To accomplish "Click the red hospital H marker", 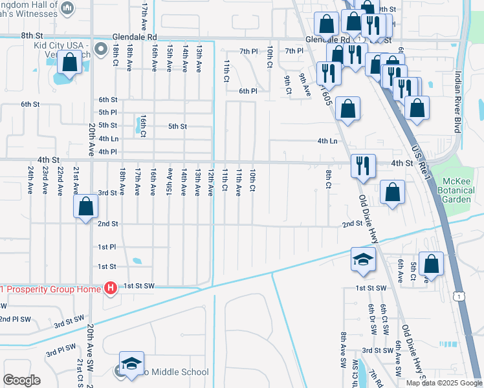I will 111,288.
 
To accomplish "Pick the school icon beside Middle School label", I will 131,363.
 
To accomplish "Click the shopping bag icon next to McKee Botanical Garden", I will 392,192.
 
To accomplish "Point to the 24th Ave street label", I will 30,180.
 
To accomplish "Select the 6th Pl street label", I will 248,91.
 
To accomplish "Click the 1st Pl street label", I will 107,247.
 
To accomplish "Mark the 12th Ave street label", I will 210,182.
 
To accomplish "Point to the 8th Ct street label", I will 329,179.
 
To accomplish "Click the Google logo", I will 21,381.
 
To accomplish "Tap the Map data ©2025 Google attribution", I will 443,383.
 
